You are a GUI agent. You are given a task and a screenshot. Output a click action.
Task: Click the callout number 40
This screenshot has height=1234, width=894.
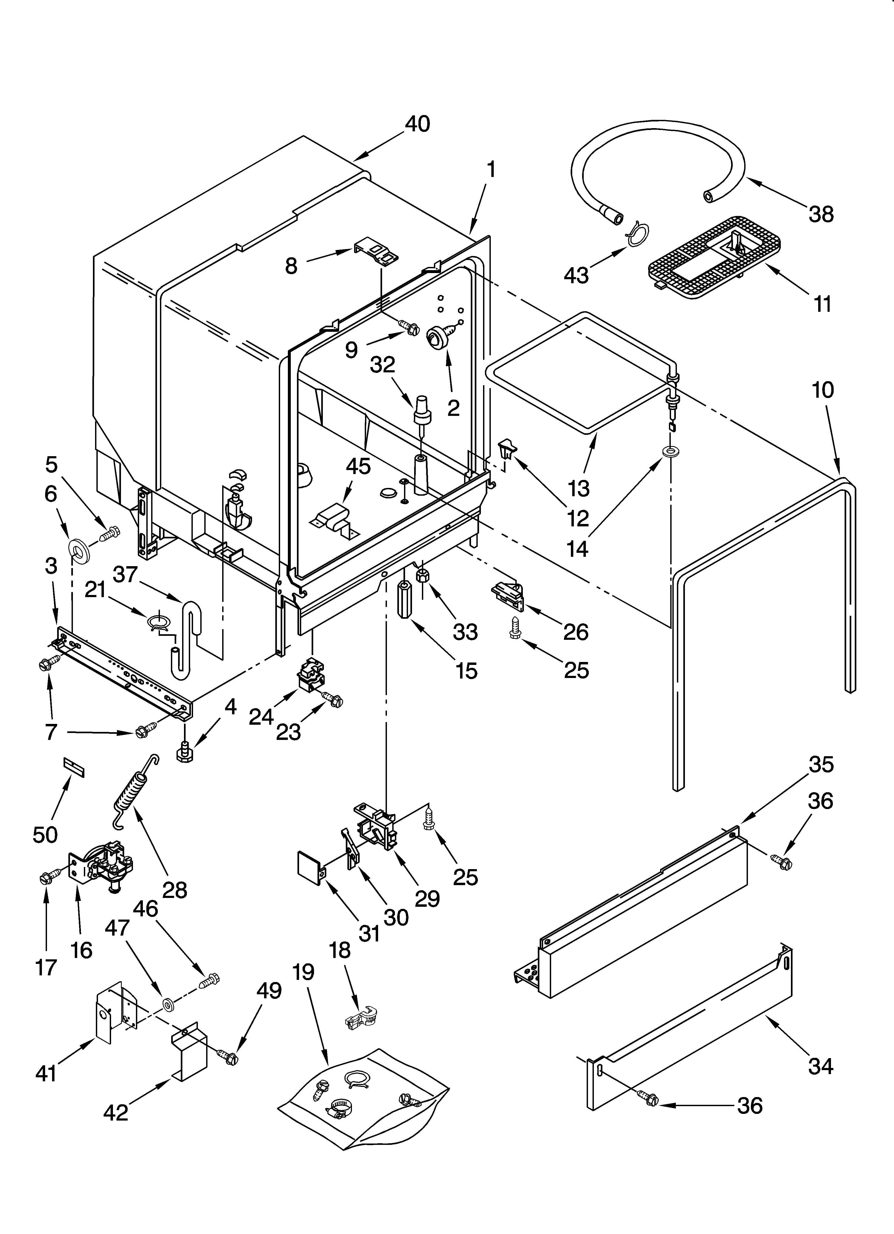417,124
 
